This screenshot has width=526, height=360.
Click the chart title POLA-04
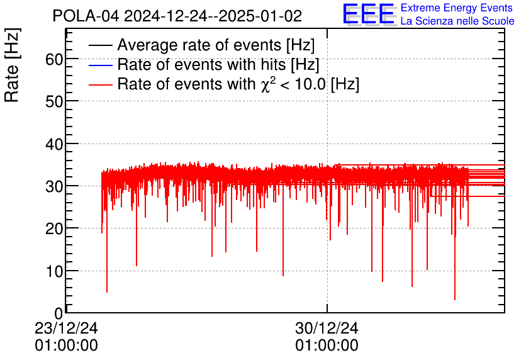tap(177, 16)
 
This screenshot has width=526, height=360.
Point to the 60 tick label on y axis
tap(54, 59)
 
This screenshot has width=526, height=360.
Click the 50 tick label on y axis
tap(54, 101)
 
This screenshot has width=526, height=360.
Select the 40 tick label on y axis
tap(54, 144)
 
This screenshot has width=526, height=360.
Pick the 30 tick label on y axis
tap(54, 186)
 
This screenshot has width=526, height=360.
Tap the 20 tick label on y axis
tap(54, 228)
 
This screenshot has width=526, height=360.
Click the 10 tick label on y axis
tap(54, 271)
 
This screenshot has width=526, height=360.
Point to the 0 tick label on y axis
tap(59, 313)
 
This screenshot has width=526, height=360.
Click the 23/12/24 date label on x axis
tap(66, 328)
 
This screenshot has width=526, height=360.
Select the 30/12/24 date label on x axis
tap(327, 328)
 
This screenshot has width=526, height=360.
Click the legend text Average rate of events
tap(216, 45)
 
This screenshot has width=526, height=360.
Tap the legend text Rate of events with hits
tap(218, 64)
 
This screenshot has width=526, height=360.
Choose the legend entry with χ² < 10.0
tap(238, 84)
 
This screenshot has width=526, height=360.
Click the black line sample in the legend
tap(101, 46)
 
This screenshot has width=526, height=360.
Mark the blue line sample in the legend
tap(101, 65)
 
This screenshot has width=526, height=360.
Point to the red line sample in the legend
tap(101, 84)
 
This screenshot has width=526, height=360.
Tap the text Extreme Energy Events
tap(457, 8)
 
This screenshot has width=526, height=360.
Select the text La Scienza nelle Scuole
tap(457, 21)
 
